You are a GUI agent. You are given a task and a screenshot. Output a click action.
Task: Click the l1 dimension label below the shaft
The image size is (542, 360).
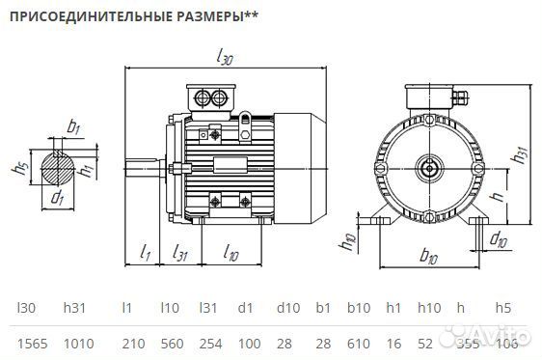[x=145, y=253]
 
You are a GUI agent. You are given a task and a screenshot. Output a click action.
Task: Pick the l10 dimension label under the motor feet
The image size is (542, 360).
[x=230, y=253]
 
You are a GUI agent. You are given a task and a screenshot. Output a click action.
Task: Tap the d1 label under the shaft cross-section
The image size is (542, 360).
[x=58, y=199]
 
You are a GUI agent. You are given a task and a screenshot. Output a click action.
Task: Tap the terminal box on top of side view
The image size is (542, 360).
[x=212, y=97]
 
